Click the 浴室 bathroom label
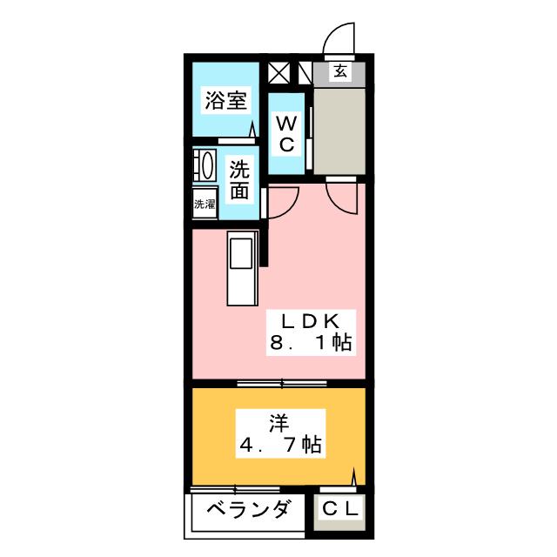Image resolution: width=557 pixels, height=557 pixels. tap(226, 100)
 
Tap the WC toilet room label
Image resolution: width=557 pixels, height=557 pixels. tap(286, 134)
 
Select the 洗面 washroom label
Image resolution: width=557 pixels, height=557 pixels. tap(239, 180)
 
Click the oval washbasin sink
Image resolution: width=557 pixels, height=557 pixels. tap(207, 165)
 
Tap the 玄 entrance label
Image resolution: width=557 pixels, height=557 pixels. tap(340, 71)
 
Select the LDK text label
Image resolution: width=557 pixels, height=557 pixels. tap(311, 321)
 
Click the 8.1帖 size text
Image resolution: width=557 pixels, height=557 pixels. tap(311, 343)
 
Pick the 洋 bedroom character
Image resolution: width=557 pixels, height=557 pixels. tap(279, 424)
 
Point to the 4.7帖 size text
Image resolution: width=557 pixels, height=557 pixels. tap(280, 445)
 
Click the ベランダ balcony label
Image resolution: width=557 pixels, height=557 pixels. tap(248, 510)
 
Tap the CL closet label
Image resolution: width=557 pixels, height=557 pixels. tap(339, 509)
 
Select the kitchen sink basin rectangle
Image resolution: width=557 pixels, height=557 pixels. tap(241, 253)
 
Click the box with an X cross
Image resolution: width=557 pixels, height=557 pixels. tap(278, 73)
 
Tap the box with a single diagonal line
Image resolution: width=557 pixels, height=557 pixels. tap(305, 73)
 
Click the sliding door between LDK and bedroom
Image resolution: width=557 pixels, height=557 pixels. tap(282, 383)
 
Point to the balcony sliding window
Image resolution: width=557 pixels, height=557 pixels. tap(235, 489)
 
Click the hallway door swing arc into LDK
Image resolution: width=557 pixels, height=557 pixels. tap(339, 201)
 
